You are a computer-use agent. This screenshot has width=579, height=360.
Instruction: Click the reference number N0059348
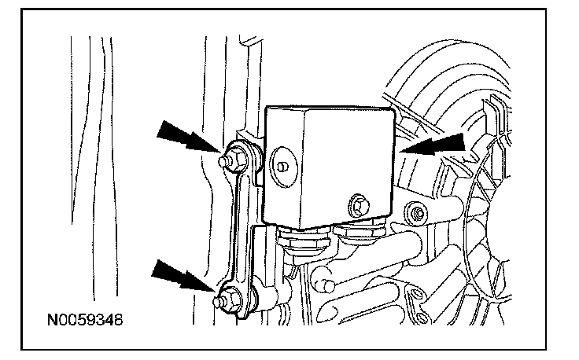coord(84,321)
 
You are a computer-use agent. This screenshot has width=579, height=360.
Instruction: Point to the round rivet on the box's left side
coord(281,167)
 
